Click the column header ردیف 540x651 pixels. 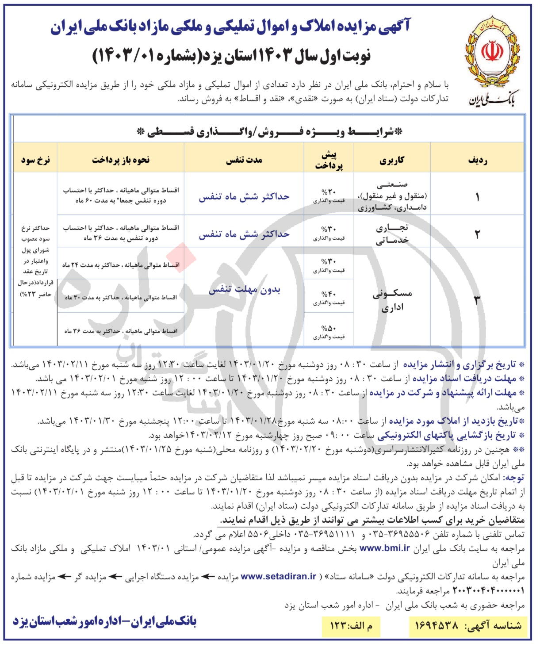pos(478,160)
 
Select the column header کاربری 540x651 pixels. pos(392,160)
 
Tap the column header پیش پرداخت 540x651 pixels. pos(329,160)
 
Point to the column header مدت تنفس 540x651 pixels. pos(244,160)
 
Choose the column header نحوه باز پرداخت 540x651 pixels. pos(121,160)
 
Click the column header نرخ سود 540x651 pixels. pos(35,160)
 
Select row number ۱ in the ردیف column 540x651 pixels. pos(478,197)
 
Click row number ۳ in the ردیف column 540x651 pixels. pos(477,300)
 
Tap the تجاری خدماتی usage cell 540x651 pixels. pos(392,234)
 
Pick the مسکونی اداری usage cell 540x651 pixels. pos(392,300)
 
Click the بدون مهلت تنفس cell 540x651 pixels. pos(244,290)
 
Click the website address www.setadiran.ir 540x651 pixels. pos(279,576)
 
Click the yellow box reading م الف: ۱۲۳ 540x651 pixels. pos(351,625)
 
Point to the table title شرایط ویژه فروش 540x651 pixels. pos(270,132)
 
